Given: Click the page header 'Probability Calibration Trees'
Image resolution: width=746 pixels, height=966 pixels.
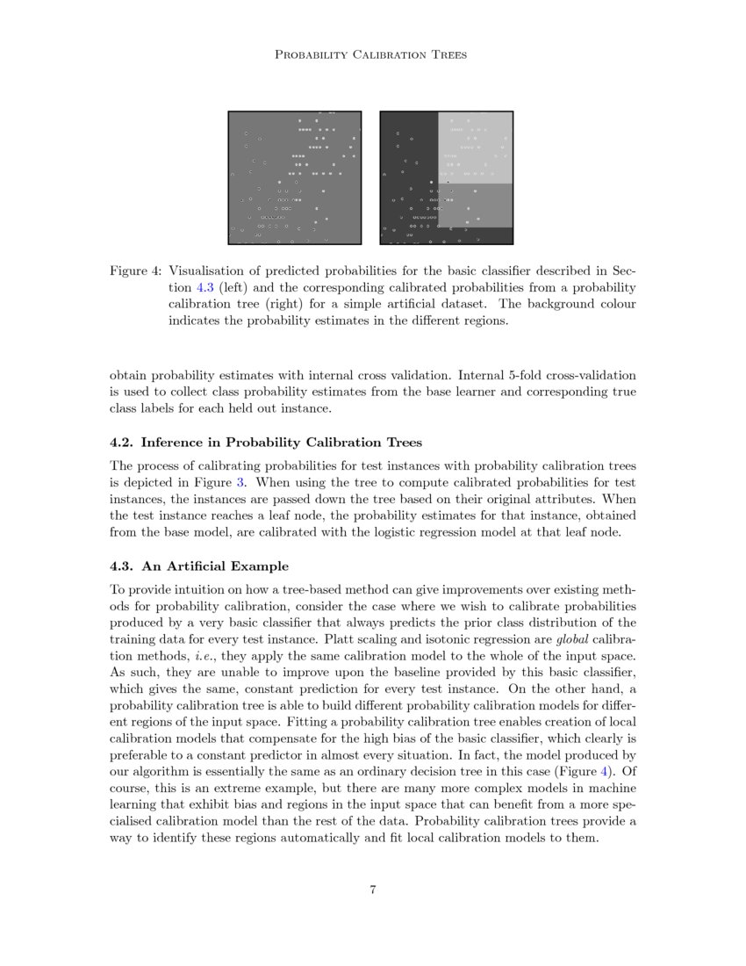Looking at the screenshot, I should point(372,54).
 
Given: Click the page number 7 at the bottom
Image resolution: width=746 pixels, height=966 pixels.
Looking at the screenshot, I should point(373,890).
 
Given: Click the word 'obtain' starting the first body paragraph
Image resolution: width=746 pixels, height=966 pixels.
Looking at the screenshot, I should point(128,376).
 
